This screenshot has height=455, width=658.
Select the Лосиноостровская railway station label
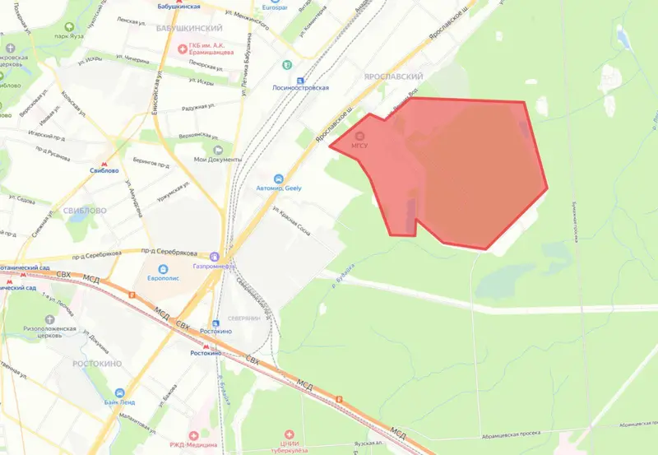pyautogui.click(x=302, y=87)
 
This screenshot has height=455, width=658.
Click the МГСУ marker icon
pyautogui.click(x=364, y=135)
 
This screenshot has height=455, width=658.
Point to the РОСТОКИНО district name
pyautogui.click(x=95, y=363)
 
